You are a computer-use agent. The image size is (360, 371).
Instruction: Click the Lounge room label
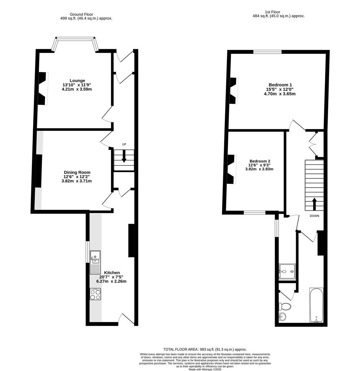click(x=77, y=81)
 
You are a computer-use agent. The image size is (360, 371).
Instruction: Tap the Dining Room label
click(x=77, y=172)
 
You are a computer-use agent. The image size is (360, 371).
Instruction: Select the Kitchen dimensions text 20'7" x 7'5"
click(x=111, y=277)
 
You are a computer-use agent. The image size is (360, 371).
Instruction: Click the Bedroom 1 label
click(x=280, y=85)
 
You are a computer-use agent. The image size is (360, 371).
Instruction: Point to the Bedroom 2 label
click(x=260, y=161)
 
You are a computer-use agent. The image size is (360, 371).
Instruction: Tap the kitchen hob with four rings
click(x=95, y=294)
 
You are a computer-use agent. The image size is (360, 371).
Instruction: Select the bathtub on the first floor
click(x=316, y=305)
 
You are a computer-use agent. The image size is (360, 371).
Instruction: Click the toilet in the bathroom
click(x=285, y=306)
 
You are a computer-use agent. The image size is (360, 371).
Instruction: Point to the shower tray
click(x=287, y=272)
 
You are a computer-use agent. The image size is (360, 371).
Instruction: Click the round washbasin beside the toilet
click(x=283, y=316)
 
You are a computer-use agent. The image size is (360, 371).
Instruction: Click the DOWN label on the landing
click(x=314, y=216)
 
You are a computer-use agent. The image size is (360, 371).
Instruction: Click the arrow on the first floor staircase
click(x=314, y=204)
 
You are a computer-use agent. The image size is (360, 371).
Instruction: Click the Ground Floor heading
click(x=81, y=14)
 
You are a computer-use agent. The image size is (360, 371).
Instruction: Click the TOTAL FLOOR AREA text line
click(x=205, y=349)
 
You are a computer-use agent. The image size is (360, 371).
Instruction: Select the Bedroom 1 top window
click(x=267, y=52)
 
